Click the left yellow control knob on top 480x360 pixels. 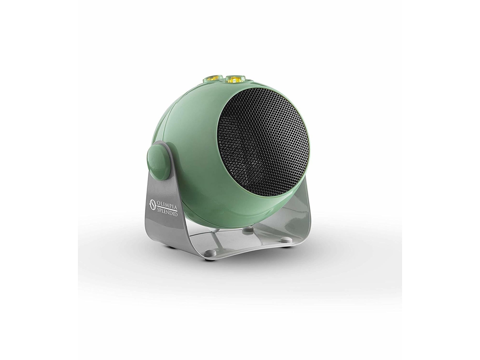click(210, 79)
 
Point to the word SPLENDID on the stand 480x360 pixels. click(167, 213)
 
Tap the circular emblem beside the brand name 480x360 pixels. click(152, 205)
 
